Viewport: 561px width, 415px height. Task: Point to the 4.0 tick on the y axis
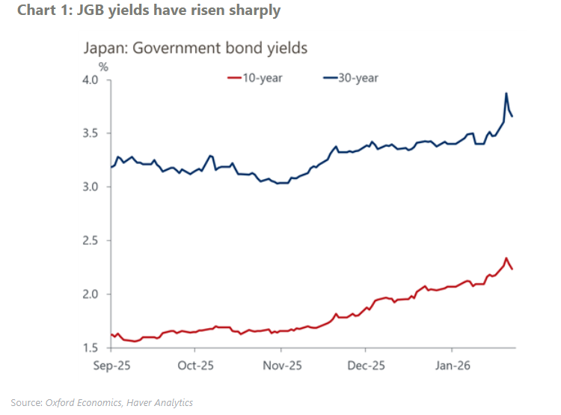pos(90,80)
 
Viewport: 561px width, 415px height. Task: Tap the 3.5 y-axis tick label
pos(90,133)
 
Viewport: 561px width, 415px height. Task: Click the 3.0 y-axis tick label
pos(90,187)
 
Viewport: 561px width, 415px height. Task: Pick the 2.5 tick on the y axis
pos(90,240)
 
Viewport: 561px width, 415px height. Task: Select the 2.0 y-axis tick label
pos(90,294)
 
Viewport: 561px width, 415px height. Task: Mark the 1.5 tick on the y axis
pos(90,348)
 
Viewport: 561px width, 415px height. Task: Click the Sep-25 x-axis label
pos(110,367)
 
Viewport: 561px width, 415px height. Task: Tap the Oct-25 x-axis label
pos(195,367)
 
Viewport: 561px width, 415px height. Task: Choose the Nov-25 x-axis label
pos(280,367)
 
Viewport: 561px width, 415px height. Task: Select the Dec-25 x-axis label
pos(366,367)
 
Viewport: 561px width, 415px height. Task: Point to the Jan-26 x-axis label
pos(452,367)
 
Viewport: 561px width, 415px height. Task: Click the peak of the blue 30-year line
pos(506,94)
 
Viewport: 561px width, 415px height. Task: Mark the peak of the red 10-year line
pos(506,258)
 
